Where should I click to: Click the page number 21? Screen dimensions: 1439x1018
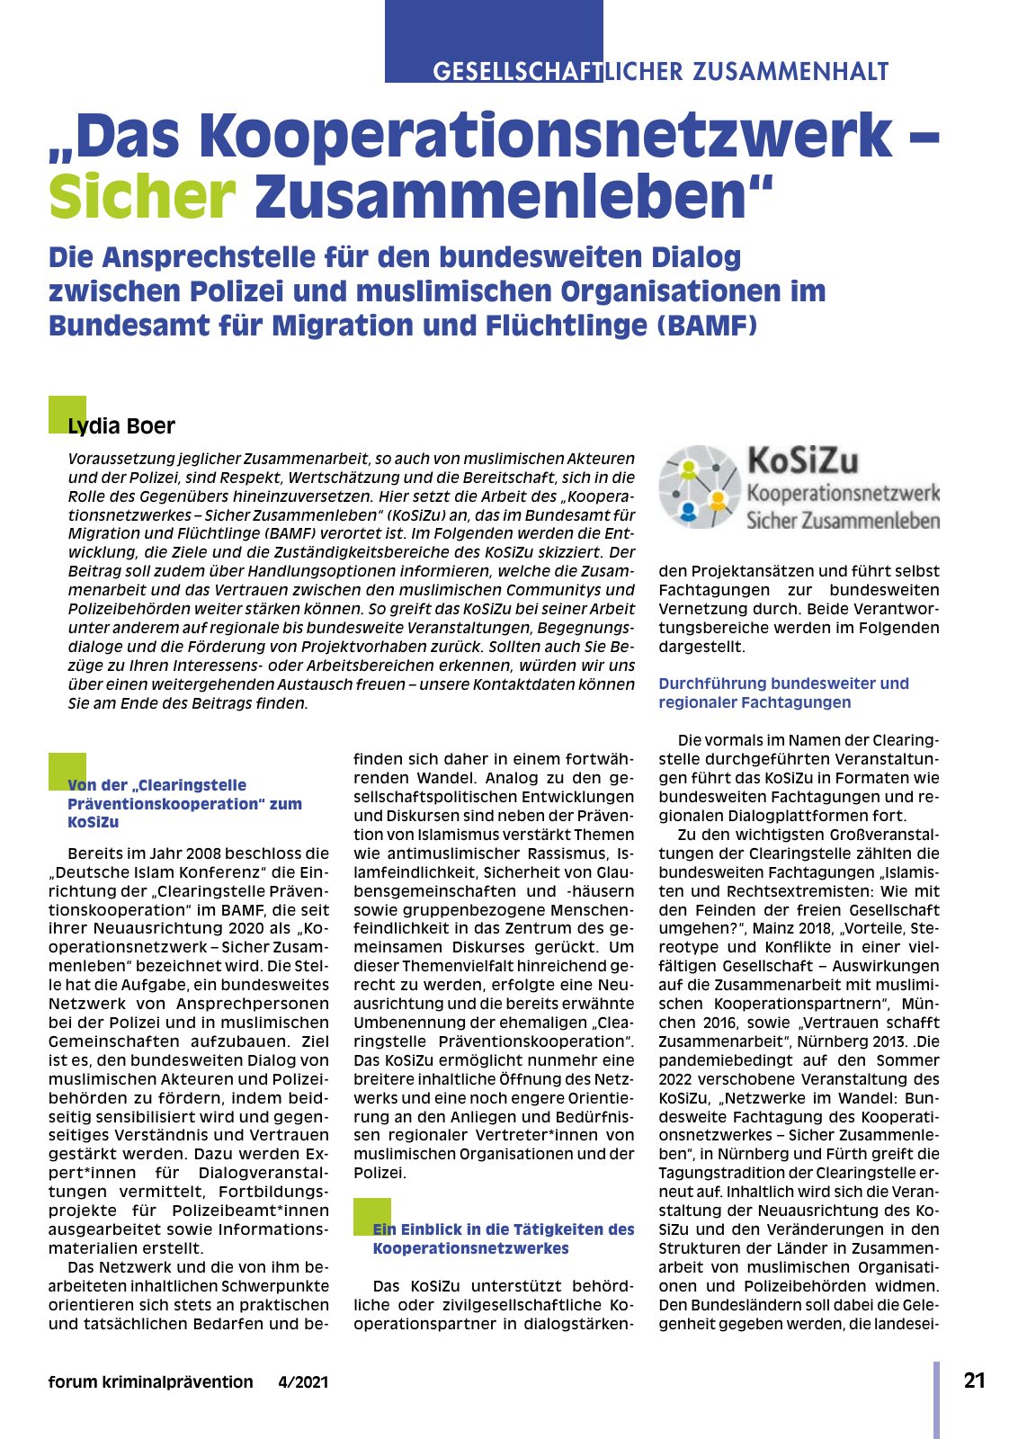pyautogui.click(x=974, y=1381)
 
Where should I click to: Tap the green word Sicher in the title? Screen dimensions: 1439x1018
pyautogui.click(x=142, y=196)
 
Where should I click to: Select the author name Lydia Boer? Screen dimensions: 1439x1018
pyautogui.click(x=121, y=426)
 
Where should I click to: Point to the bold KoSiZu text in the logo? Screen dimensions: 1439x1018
pyautogui.click(x=803, y=460)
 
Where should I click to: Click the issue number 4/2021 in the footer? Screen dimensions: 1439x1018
pyautogui.click(x=303, y=1382)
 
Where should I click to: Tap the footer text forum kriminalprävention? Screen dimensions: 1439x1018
pyautogui.click(x=150, y=1382)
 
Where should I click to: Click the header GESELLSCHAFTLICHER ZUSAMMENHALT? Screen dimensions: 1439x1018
pyautogui.click(x=660, y=72)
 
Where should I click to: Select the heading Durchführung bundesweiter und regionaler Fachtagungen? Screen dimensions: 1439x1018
pyautogui.click(x=783, y=693)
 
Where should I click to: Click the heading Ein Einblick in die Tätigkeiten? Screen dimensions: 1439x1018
pyautogui.click(x=504, y=1238)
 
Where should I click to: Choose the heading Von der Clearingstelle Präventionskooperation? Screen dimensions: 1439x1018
pyautogui.click(x=184, y=803)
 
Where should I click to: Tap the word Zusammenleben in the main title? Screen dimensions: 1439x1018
pyautogui.click(x=513, y=196)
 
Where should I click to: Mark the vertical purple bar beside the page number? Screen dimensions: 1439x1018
pyautogui.click(x=936, y=1399)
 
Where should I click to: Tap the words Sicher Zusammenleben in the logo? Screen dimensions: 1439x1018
pyautogui.click(x=843, y=521)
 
